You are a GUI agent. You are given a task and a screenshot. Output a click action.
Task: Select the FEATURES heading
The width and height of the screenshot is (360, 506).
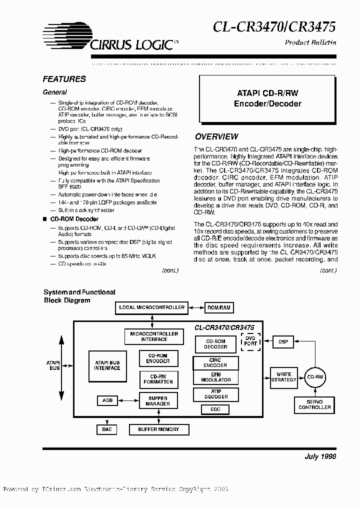click(64, 79)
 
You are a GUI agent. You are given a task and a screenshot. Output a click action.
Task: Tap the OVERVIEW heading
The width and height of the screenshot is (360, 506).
click(216, 136)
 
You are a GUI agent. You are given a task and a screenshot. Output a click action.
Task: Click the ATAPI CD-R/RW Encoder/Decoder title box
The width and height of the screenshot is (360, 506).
click(267, 98)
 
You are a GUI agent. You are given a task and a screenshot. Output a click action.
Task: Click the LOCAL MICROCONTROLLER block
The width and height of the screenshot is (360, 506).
click(151, 307)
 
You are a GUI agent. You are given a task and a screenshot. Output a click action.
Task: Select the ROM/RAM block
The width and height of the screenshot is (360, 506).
click(219, 307)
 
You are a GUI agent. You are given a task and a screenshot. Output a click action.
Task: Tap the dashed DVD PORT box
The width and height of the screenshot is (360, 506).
click(250, 341)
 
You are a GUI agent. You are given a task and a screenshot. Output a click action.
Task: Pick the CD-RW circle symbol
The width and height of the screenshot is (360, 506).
click(314, 376)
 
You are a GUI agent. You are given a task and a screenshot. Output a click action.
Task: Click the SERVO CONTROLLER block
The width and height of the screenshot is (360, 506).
click(314, 404)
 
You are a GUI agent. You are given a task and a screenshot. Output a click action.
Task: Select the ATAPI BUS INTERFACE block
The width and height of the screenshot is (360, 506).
click(107, 365)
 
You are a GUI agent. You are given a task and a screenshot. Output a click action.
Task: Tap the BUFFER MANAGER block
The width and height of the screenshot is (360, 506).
click(157, 400)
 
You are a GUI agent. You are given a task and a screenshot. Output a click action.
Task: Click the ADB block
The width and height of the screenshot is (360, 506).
click(107, 400)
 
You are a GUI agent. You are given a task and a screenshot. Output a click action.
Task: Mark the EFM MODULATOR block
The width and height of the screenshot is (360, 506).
click(216, 377)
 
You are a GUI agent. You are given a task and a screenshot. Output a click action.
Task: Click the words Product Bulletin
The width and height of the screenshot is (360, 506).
click(310, 42)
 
